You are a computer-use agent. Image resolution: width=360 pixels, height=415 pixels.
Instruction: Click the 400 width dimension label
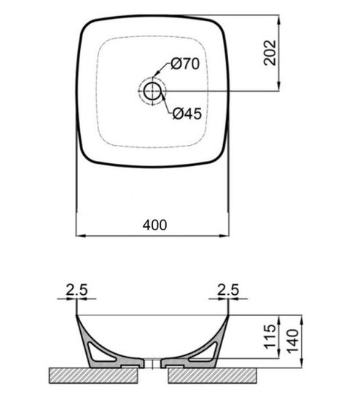154,225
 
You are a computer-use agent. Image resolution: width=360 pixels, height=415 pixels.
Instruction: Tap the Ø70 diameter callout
186,64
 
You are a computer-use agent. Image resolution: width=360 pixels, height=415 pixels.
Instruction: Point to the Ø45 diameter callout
187,114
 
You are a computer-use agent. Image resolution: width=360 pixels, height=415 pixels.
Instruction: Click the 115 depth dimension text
267,337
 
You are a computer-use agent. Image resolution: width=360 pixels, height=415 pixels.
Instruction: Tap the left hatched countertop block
91,375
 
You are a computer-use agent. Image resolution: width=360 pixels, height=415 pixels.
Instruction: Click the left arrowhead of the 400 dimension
80,236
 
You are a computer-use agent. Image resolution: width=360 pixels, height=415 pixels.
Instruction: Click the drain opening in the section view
152,364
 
